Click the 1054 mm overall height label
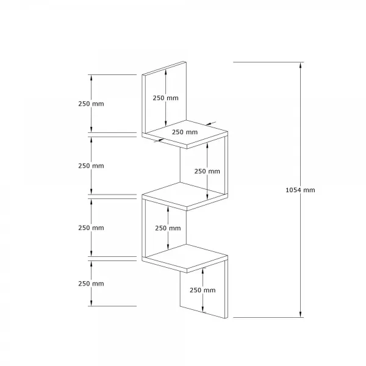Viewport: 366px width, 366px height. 300,190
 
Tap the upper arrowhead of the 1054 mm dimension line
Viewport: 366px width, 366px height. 300,65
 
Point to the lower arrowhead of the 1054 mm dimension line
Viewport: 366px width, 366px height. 300,314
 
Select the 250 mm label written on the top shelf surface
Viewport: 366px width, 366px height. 185,132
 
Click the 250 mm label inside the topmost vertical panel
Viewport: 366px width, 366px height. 165,98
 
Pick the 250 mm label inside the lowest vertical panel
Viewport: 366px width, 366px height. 203,290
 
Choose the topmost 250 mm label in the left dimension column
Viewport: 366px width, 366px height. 91,104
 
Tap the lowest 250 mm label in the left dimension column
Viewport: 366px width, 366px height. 91,284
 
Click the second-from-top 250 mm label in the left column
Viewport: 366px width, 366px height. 91,166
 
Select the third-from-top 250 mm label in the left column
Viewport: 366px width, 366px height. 91,228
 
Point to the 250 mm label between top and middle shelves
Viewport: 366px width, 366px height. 207,171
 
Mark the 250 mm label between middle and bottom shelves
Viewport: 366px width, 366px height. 168,228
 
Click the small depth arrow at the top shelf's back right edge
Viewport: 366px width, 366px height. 210,123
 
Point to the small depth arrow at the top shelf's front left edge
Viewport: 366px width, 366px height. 159,140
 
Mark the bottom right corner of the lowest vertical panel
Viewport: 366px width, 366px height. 228,318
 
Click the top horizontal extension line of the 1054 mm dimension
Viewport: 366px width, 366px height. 268,62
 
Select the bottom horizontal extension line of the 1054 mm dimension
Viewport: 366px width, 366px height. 268,317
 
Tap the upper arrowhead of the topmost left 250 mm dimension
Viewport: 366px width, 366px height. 91,77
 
